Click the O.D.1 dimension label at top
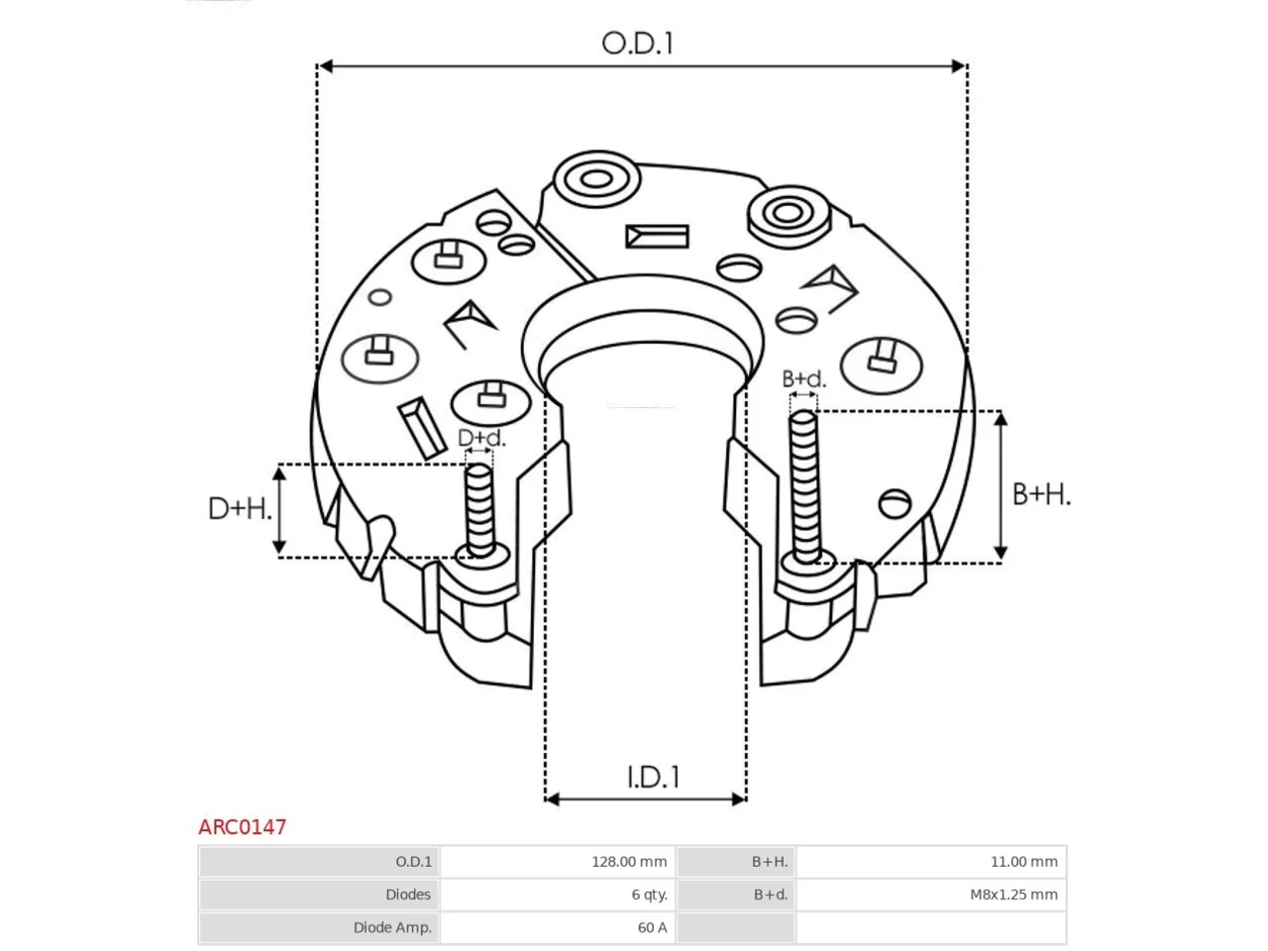(637, 44)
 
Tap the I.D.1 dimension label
(653, 777)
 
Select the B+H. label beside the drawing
(1041, 494)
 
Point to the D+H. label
(240, 509)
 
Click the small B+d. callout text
(803, 378)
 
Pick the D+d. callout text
(481, 438)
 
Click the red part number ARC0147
(242, 827)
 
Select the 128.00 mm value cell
(628, 862)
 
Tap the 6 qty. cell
(649, 895)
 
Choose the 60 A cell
(652, 927)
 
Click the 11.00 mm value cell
(1023, 862)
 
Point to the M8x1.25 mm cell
(1013, 895)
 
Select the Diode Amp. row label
(392, 927)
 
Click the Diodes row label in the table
(408, 895)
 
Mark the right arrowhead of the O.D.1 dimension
(958, 66)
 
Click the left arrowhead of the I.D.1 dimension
(552, 799)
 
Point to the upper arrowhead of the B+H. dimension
(1001, 419)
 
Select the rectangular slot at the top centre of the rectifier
(657, 236)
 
